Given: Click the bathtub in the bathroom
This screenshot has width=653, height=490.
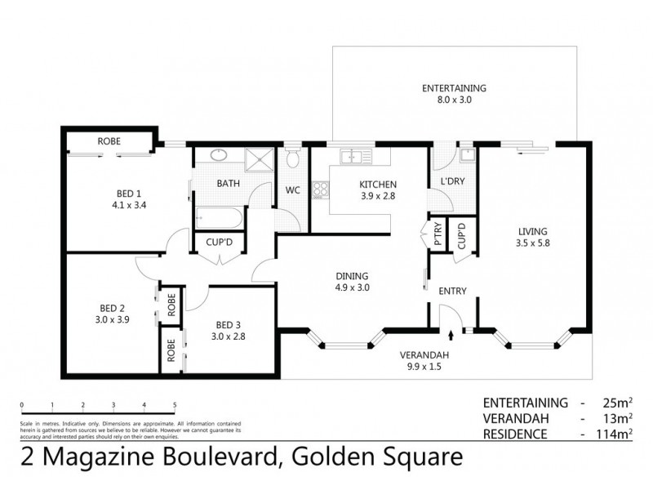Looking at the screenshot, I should [217, 217].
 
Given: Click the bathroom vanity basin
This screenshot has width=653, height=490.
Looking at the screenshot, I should [219, 155].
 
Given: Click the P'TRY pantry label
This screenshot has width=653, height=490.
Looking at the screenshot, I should [438, 237].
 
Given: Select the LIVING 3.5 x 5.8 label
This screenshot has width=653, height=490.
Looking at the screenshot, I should [531, 237].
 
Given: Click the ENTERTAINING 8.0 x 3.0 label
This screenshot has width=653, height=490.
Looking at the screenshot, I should [454, 93].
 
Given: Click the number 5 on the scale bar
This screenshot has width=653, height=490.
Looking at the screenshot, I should [175, 404].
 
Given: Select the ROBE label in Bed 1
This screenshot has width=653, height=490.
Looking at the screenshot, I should [109, 142].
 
